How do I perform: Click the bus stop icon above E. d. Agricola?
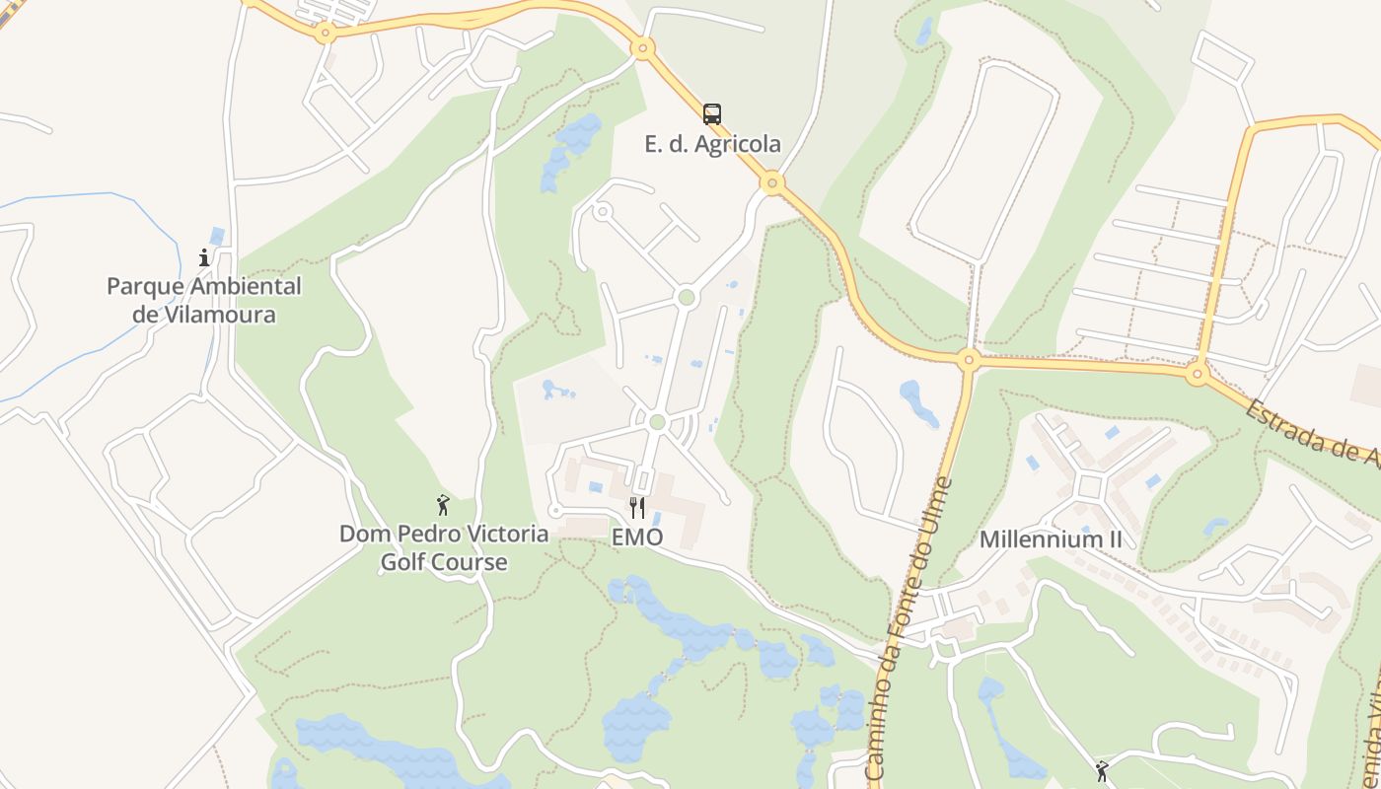pyautogui.click(x=712, y=113)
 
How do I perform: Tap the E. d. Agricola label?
pyautogui.click(x=712, y=144)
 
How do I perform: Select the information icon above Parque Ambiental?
pyautogui.click(x=204, y=258)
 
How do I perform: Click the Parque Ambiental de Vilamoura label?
pyautogui.click(x=204, y=301)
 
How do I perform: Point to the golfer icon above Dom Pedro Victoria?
pyautogui.click(x=443, y=506)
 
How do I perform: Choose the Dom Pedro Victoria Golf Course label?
pyautogui.click(x=444, y=548)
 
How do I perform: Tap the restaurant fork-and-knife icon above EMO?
pyautogui.click(x=637, y=508)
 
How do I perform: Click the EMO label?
pyautogui.click(x=637, y=538)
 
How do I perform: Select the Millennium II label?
pyautogui.click(x=1051, y=539)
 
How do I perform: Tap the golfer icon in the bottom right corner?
pyautogui.click(x=1102, y=770)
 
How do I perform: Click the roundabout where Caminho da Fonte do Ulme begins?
pyautogui.click(x=968, y=360)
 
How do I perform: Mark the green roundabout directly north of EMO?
pyautogui.click(x=657, y=422)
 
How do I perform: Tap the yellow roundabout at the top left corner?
pyautogui.click(x=325, y=33)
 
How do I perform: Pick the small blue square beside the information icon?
pyautogui.click(x=217, y=236)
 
